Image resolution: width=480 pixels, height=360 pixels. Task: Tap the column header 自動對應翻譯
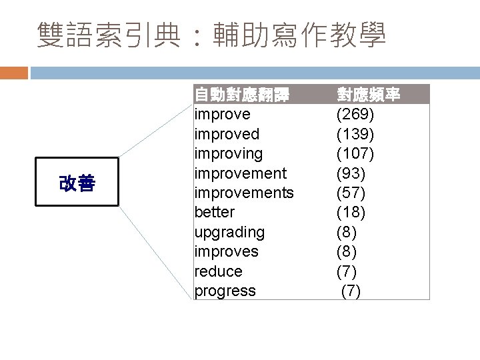pos(241,95)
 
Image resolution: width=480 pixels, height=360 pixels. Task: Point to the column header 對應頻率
pos(369,95)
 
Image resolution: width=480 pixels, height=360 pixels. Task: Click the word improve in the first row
pos(222,115)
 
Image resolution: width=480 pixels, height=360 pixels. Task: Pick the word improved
pos(227,134)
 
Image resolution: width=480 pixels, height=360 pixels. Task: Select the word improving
pos(229,154)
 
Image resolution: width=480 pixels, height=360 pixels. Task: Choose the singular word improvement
pos(240,173)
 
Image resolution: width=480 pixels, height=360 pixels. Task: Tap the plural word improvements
pos(243,193)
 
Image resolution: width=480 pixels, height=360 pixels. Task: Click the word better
pos(214,212)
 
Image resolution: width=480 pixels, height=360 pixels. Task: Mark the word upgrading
pos(229,232)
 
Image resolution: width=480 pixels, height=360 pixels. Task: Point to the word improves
pos(226,251)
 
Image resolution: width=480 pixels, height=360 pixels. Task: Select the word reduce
pos(218,271)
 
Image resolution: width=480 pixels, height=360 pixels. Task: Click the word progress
pos(225,291)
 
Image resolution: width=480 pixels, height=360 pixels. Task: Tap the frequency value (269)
pos(355,115)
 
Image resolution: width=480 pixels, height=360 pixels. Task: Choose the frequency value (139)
pos(355,134)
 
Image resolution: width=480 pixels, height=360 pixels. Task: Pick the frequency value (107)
pos(355,154)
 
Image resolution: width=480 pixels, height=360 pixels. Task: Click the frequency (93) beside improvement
pos(351,173)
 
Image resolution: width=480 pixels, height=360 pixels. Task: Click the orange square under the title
pos(13,72)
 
